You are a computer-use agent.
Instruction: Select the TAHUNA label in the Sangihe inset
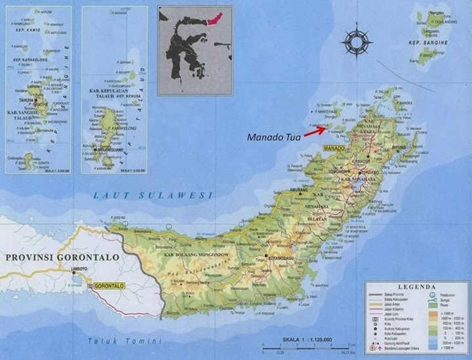coord(28,100)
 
